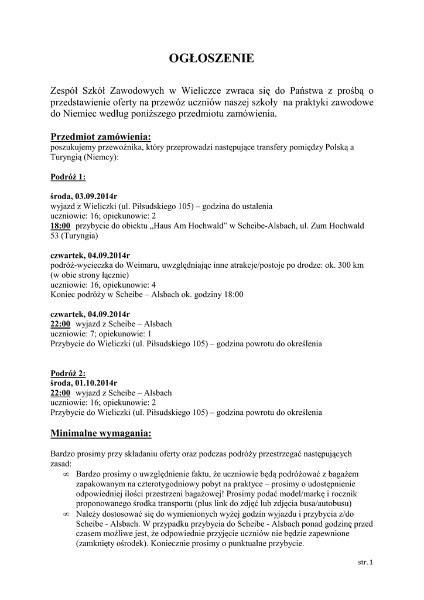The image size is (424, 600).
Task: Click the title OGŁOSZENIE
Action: coord(211,59)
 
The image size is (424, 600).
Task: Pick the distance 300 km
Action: coord(350,265)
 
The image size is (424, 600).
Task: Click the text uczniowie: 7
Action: coord(71,333)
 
